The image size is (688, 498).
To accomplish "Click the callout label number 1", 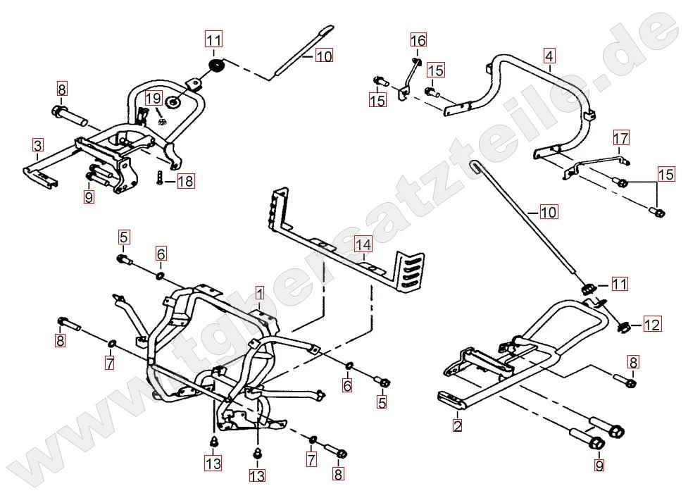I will coord(259,292).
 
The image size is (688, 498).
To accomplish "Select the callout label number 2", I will coord(457,425).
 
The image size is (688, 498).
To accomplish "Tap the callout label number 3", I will coord(38,146).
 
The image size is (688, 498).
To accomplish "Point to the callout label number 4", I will coord(549,55).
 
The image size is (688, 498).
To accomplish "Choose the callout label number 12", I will coord(652,325).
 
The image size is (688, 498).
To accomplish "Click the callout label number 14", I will coord(362,245).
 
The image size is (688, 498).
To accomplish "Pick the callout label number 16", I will coord(418,40).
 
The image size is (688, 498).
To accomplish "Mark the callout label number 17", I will coord(620,138).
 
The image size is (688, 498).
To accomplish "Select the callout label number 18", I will coord(185,182).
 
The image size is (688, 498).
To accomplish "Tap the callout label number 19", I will coord(154,97).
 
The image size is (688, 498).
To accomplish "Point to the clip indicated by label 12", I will coord(623,326).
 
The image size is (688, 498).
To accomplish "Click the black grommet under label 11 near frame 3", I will coord(216,67).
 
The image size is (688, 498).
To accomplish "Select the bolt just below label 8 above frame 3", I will coord(68,113).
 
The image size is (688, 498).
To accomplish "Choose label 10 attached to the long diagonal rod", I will coord(548,211).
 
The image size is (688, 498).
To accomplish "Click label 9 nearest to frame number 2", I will coord(599,465).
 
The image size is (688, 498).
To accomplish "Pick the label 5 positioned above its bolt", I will coord(123,236).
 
